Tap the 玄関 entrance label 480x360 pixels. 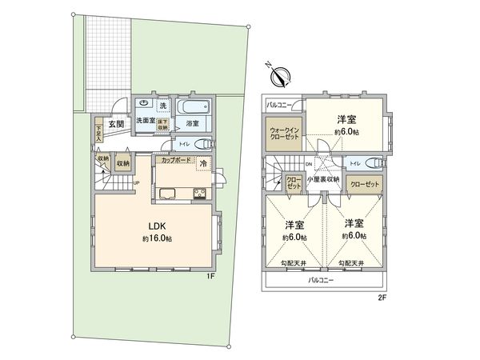coord(116,124)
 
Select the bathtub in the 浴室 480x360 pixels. coord(193,107)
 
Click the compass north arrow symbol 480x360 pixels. coord(281,77)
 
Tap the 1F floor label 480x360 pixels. coord(211,276)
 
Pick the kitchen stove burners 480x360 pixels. coord(197,194)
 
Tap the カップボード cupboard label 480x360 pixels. coord(175,161)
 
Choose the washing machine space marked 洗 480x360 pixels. coord(162,106)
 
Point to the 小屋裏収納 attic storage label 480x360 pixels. coord(324,179)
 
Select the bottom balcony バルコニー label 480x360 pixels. coord(321,280)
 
